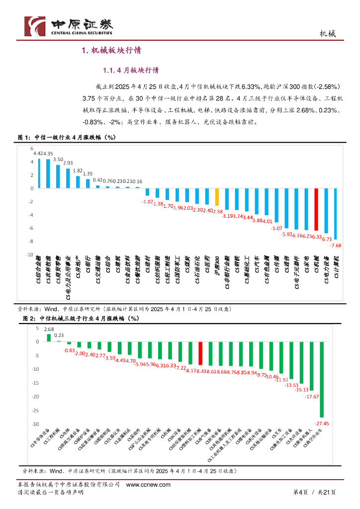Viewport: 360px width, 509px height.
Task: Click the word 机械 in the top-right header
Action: (327, 33)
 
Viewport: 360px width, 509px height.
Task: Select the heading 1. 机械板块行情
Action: (111, 50)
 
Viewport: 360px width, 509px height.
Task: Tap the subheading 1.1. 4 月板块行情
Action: (130, 70)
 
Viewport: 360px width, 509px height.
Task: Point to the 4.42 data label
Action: (37, 154)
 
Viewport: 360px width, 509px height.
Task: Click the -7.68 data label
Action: (336, 246)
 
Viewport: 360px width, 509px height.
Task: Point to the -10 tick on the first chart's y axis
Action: (29, 254)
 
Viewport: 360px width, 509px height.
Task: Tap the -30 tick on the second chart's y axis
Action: (36, 424)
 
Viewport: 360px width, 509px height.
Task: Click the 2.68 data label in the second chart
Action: (49, 329)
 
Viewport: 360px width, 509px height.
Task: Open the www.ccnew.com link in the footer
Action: (148, 485)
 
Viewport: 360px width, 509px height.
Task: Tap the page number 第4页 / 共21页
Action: (314, 492)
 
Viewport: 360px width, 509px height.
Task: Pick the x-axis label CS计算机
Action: (336, 268)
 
